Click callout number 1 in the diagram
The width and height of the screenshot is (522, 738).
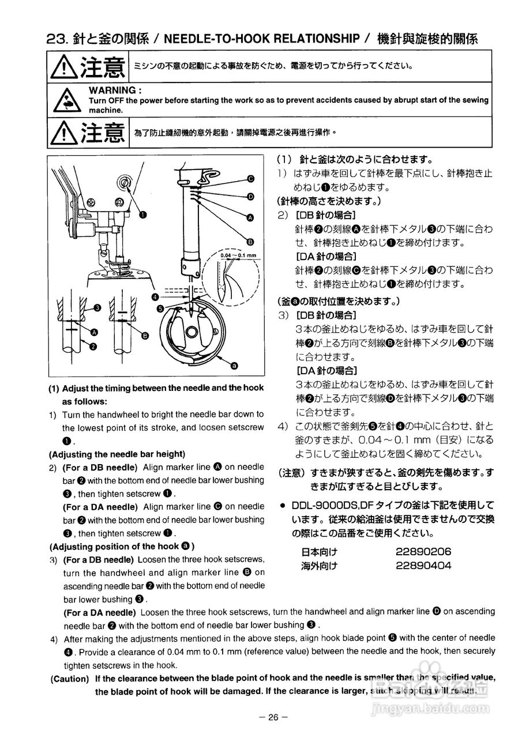(142, 214)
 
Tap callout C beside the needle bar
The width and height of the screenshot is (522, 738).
(251, 178)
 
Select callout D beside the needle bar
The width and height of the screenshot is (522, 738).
(250, 197)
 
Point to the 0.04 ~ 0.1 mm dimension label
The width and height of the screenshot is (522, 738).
(238, 254)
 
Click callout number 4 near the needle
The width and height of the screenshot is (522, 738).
(156, 296)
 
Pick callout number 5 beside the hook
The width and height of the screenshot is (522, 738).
(160, 308)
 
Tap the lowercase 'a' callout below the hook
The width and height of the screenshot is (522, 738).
(234, 365)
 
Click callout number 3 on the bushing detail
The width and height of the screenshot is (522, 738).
(97, 308)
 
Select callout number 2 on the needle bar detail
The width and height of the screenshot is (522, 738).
(93, 347)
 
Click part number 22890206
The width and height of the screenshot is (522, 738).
(423, 551)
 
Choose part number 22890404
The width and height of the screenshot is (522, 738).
(423, 565)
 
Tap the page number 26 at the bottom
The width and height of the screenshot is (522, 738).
(273, 717)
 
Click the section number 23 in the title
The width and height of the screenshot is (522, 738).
(58, 39)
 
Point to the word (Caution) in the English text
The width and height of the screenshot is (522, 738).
(70, 679)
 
